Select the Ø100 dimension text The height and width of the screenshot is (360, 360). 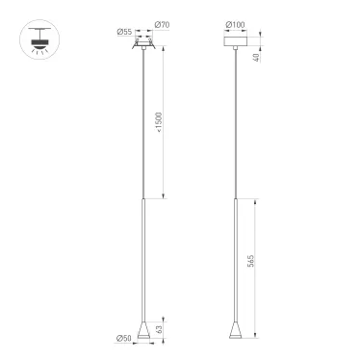[234, 24]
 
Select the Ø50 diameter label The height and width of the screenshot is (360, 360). [123, 338]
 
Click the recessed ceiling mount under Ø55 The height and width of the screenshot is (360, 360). [143, 44]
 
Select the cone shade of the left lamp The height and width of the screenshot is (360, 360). [143, 330]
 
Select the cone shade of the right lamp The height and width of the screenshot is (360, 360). [234, 330]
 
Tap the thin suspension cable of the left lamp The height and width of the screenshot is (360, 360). [143, 125]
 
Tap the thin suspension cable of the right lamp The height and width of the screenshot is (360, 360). [234, 125]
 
